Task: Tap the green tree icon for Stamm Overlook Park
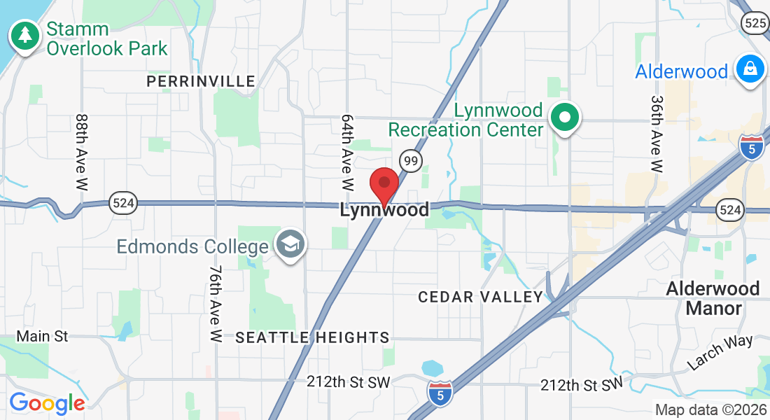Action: [26, 35]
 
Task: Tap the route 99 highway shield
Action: [411, 161]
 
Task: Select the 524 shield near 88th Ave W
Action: [122, 204]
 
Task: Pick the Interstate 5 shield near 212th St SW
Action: [440, 391]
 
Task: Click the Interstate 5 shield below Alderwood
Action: [751, 148]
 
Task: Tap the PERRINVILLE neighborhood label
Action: [201, 82]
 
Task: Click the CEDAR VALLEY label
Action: [480, 297]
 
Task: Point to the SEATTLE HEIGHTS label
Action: [312, 337]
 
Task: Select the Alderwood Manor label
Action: [713, 297]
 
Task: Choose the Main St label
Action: [42, 337]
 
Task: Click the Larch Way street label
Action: [720, 351]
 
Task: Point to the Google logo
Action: [47, 403]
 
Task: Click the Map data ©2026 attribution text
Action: [710, 410]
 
